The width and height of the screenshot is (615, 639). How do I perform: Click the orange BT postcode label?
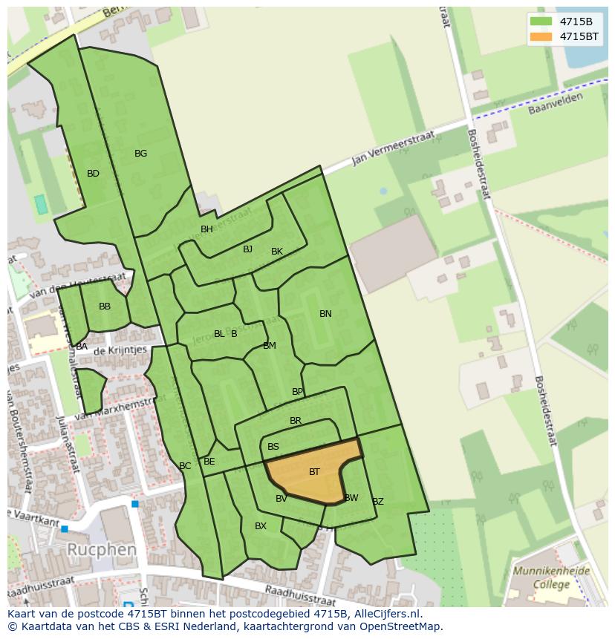314,472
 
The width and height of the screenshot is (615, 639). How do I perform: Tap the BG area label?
140,154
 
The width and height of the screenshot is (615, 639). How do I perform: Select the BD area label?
93,174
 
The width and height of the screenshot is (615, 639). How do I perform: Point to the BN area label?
325,314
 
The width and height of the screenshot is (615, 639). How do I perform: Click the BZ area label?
378,502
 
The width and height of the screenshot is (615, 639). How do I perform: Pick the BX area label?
261,526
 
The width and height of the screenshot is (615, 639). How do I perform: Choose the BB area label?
105,307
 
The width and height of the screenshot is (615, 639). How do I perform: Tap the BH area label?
206,229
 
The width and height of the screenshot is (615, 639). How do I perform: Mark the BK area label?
277,252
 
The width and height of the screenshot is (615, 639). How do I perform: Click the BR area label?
296,421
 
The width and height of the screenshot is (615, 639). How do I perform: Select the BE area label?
209,462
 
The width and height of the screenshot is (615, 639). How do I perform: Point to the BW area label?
351,498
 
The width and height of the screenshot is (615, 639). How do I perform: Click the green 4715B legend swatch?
542,22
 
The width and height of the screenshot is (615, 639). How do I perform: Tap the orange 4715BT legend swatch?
542,36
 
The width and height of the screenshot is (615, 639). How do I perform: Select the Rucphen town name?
102,550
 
